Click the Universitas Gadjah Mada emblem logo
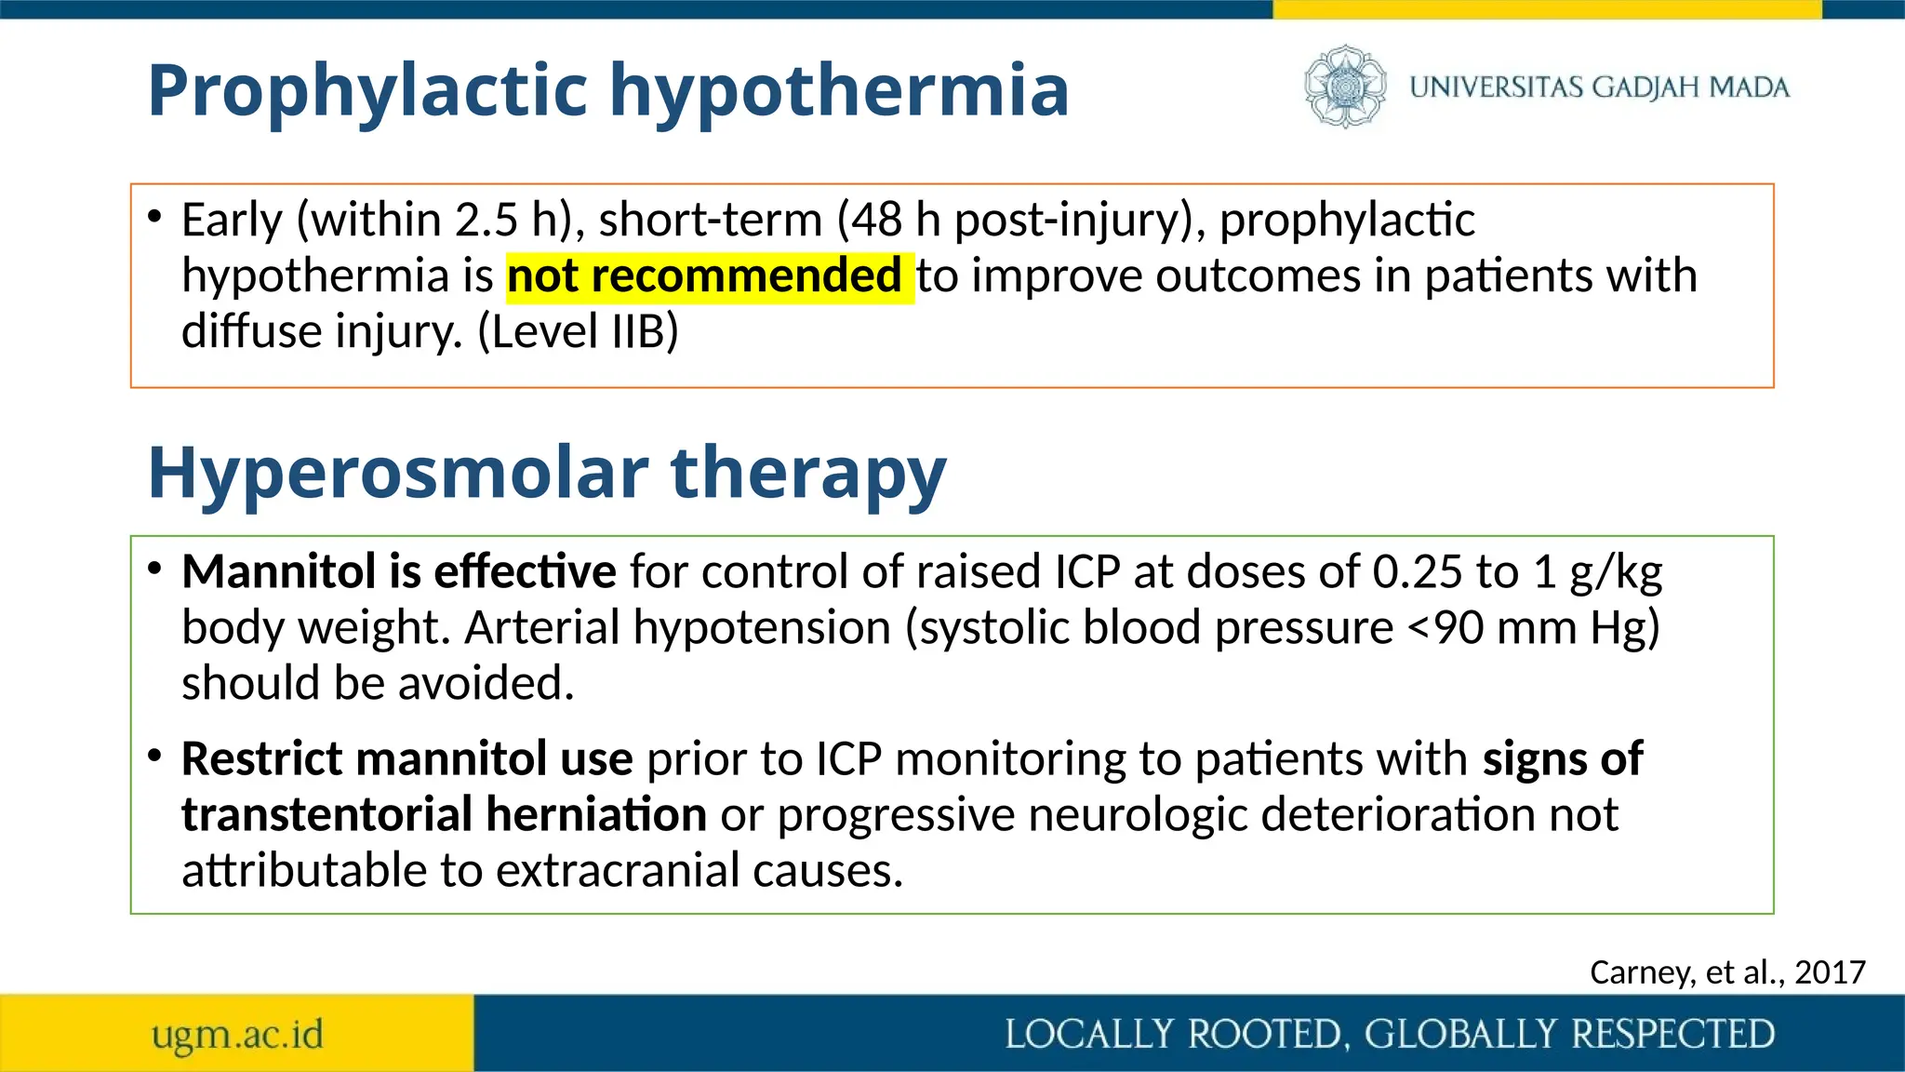click(x=1344, y=87)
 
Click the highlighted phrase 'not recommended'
click(x=704, y=276)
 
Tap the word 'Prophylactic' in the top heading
click(x=368, y=90)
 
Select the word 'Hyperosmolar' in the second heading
click(x=398, y=473)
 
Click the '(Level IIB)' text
click(x=578, y=332)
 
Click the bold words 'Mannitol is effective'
click(x=398, y=571)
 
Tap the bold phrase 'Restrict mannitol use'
click(x=406, y=758)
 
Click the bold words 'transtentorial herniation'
click(x=444, y=814)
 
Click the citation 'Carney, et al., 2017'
click(x=1727, y=971)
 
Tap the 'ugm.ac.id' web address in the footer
click(x=237, y=1034)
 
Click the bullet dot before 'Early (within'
click(x=154, y=217)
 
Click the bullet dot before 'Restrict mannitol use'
click(x=154, y=755)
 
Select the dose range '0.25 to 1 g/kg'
click(x=1516, y=571)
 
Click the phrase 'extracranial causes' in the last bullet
click(x=699, y=871)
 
